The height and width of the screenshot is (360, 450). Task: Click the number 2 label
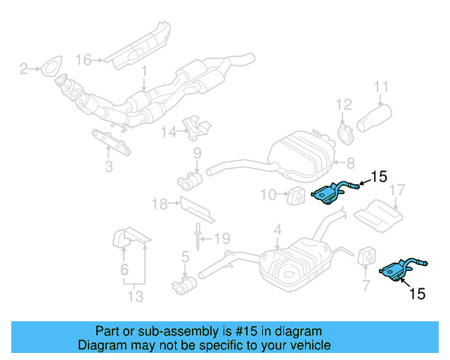22,69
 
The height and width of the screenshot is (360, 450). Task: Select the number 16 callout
84,60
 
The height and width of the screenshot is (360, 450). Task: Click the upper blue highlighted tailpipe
331,192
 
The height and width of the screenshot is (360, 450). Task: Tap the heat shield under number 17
378,213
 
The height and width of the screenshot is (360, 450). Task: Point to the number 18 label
159,205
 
